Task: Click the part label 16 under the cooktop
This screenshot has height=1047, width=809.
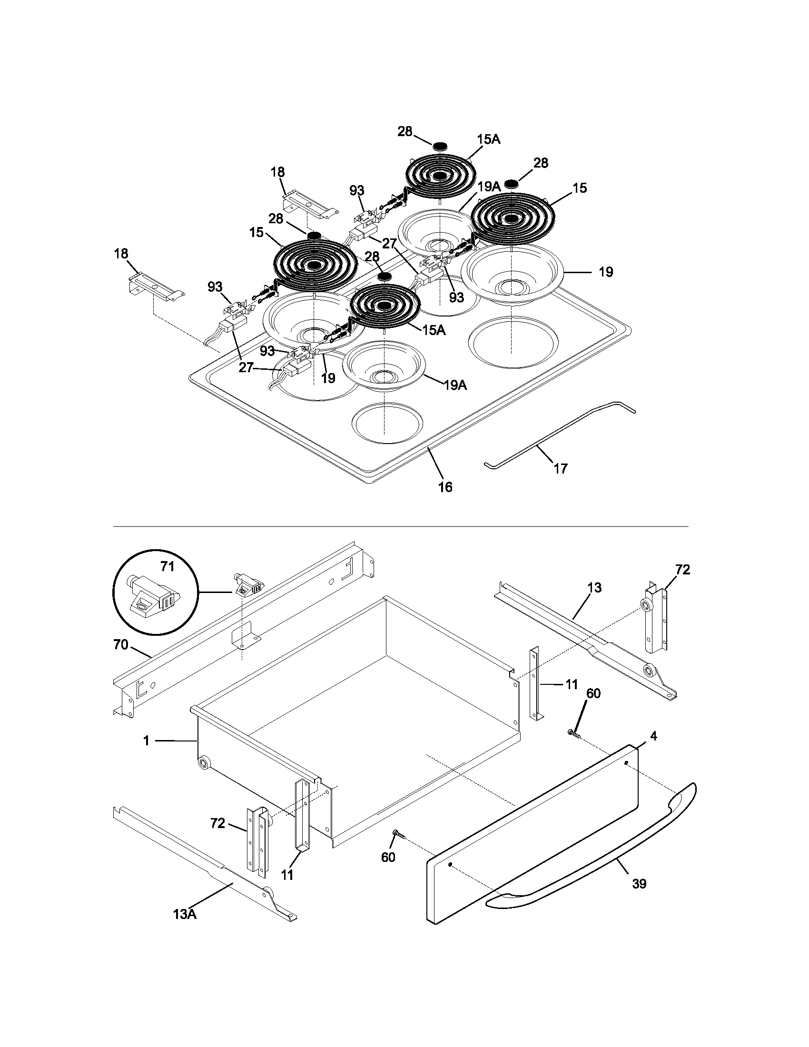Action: (x=445, y=487)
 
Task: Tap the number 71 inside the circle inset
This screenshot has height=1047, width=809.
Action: (x=167, y=567)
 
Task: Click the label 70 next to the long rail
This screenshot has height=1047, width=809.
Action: (x=121, y=645)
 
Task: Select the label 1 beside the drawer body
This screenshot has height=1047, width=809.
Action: (x=147, y=741)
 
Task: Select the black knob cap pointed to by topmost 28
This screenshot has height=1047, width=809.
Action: (x=441, y=145)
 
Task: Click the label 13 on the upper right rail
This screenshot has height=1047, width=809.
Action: (x=594, y=588)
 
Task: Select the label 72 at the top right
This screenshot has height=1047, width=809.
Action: (x=682, y=570)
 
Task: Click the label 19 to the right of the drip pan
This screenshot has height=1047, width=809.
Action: (x=606, y=272)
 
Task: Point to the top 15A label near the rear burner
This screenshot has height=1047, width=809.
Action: (x=489, y=139)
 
